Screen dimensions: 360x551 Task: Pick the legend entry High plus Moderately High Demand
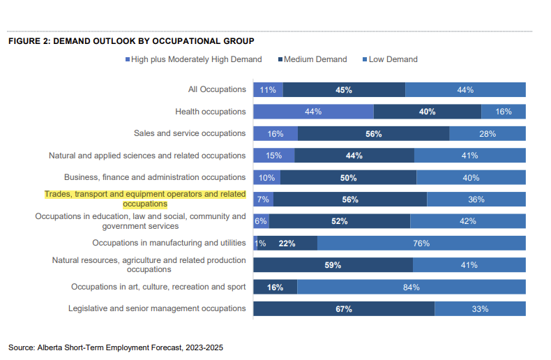click(x=193, y=59)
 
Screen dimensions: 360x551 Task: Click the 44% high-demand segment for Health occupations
click(x=313, y=112)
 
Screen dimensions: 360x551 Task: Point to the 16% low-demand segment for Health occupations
click(x=504, y=112)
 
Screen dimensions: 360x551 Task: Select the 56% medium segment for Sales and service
click(x=373, y=133)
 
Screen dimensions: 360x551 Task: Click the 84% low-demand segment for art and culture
click(x=412, y=287)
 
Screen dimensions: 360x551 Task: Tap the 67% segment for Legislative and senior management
click(x=344, y=308)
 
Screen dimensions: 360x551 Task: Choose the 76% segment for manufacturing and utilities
click(x=421, y=243)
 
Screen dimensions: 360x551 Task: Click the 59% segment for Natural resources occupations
click(x=333, y=265)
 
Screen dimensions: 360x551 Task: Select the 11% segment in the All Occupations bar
click(x=268, y=89)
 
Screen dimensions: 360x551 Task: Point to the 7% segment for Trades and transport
click(x=263, y=200)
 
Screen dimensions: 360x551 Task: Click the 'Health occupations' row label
click(x=211, y=112)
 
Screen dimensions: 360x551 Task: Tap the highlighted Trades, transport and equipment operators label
click(x=145, y=199)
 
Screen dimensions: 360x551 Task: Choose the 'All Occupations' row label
click(x=217, y=89)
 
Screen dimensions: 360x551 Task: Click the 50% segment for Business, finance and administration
click(x=348, y=177)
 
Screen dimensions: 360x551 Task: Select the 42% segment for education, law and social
click(x=468, y=221)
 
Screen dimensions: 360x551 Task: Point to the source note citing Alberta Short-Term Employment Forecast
click(x=116, y=347)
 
